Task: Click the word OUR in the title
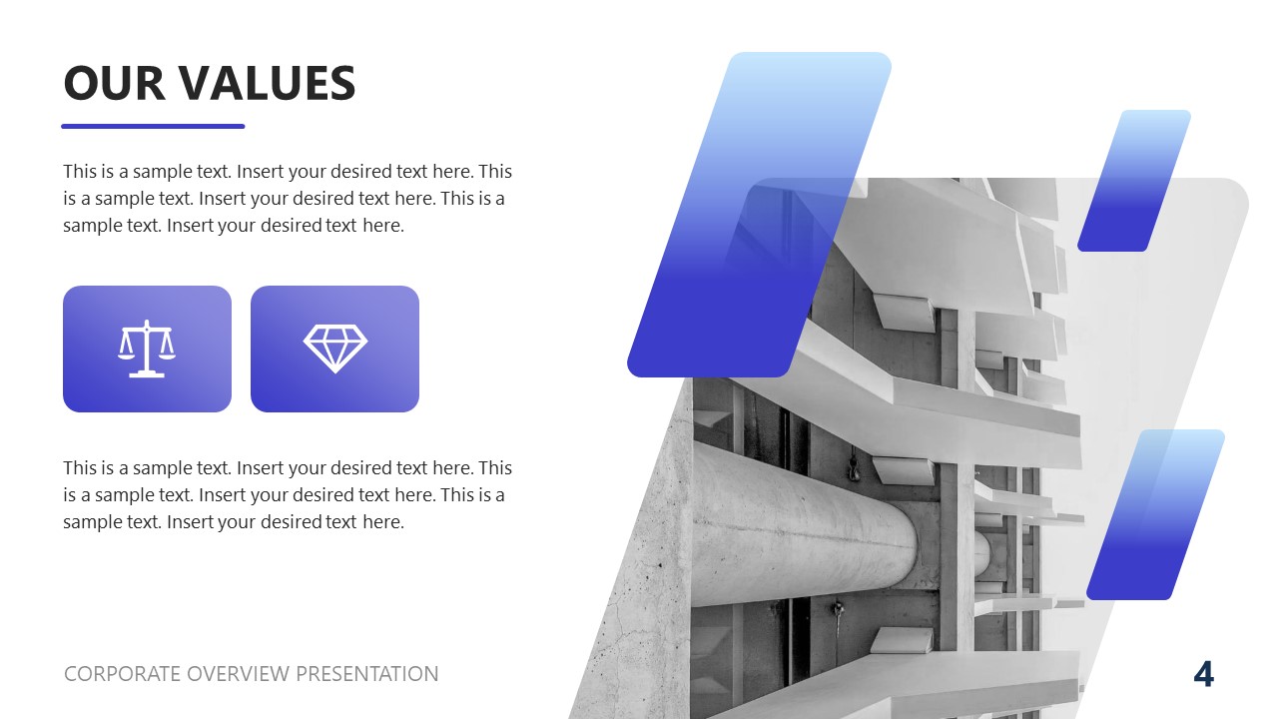(x=114, y=83)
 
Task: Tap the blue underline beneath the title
(x=153, y=126)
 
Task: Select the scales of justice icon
(x=147, y=349)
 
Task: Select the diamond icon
(x=334, y=348)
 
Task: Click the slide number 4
(x=1204, y=675)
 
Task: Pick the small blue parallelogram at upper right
(x=1134, y=180)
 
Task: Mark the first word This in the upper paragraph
(x=80, y=171)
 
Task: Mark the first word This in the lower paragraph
(x=80, y=467)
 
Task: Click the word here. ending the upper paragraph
(x=383, y=226)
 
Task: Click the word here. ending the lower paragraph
(x=383, y=521)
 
